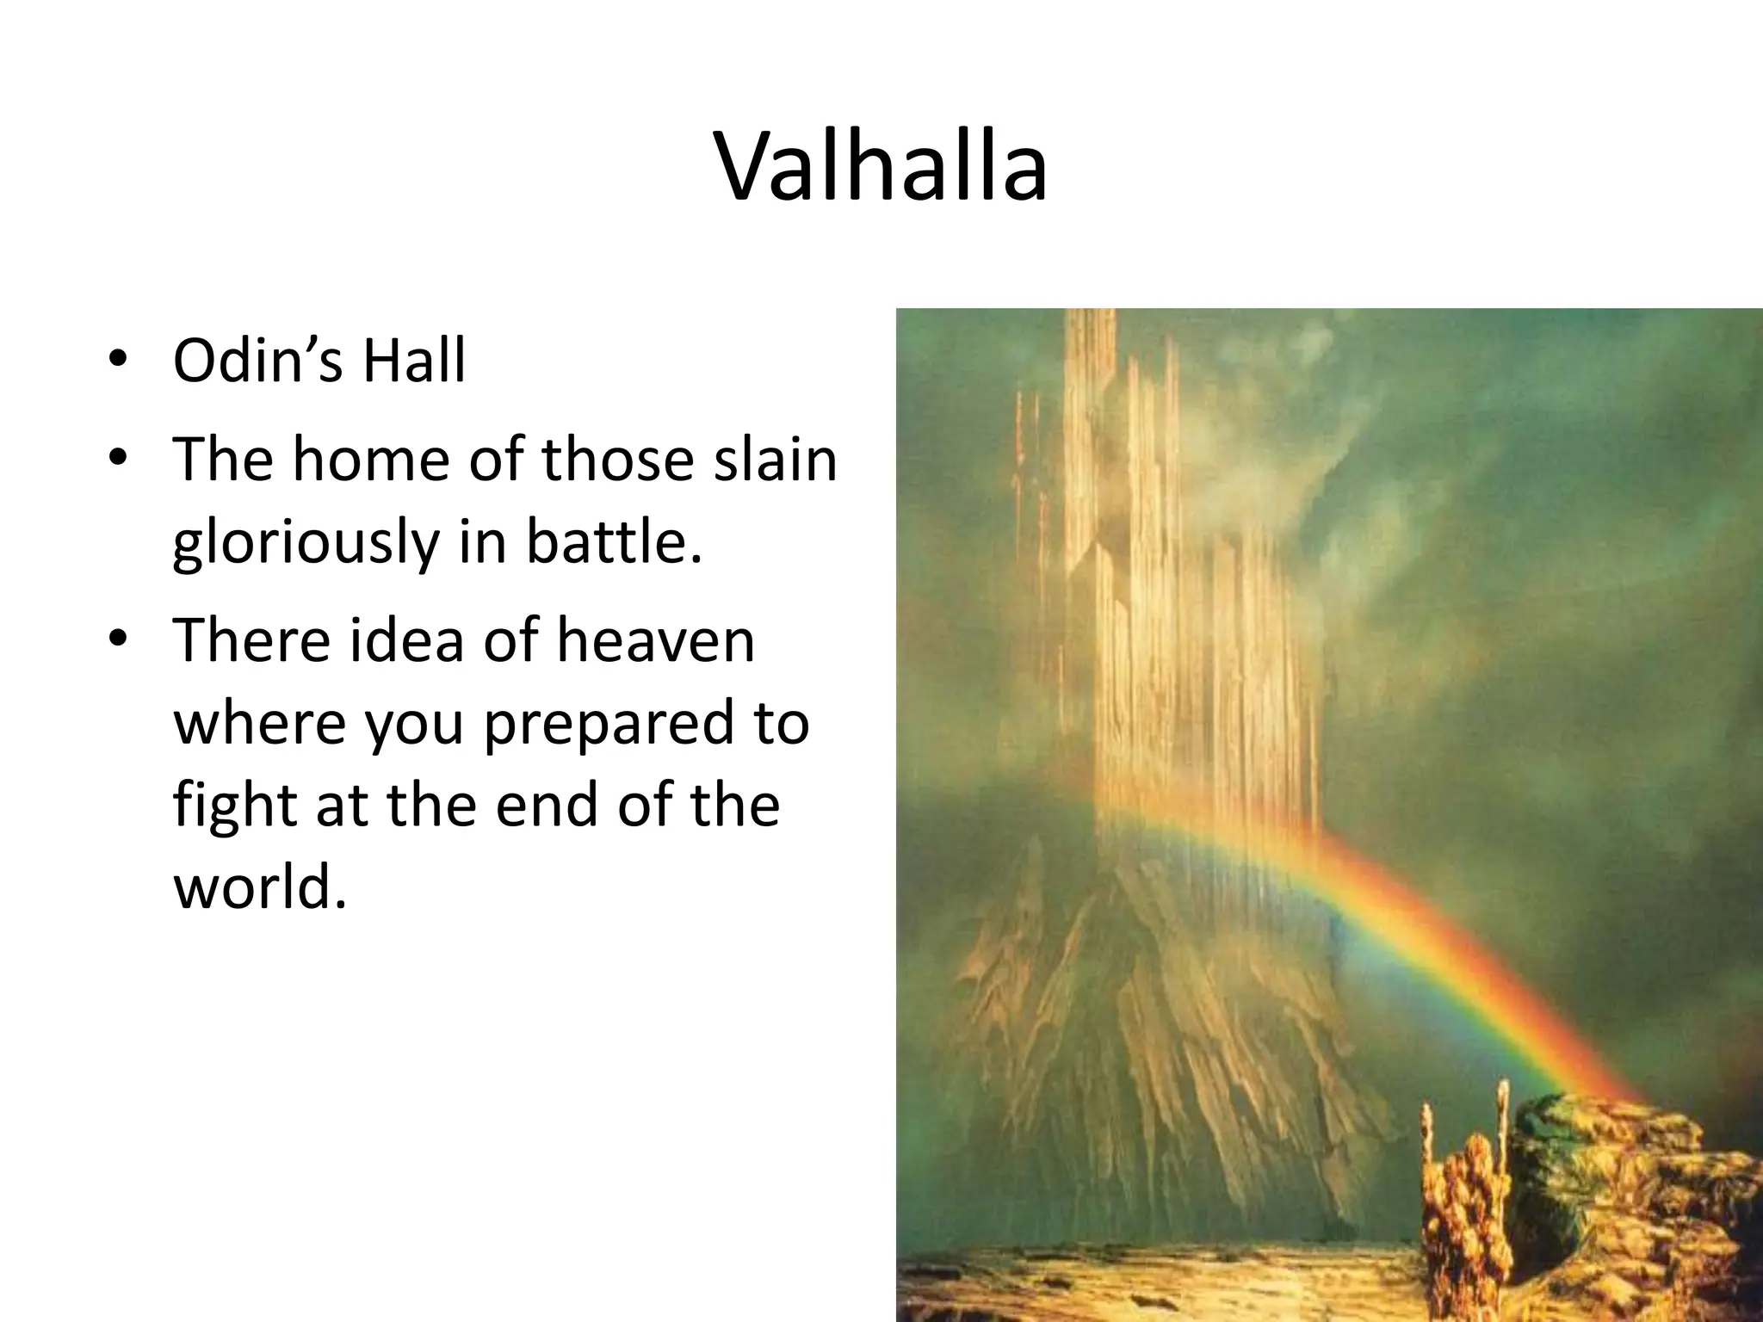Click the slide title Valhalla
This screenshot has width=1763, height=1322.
881,167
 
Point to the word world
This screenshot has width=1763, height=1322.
260,886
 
